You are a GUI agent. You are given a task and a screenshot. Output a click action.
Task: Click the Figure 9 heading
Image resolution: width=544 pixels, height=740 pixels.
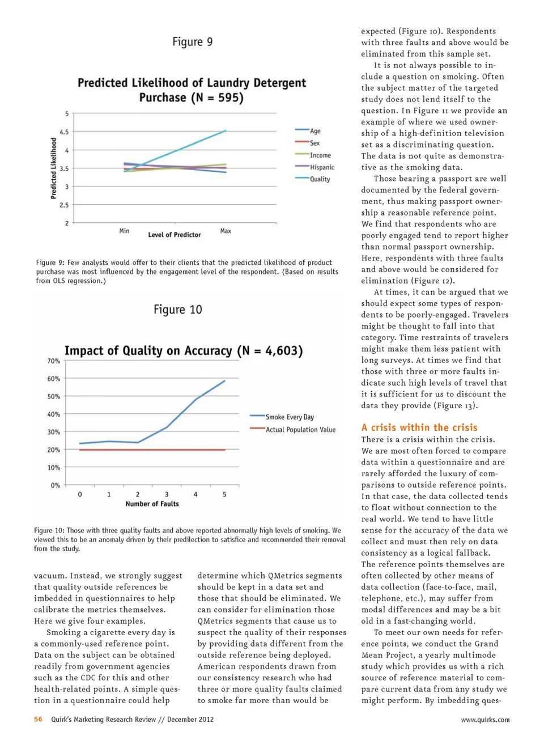193,42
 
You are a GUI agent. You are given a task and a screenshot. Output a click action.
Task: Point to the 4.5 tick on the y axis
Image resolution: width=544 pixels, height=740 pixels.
64,132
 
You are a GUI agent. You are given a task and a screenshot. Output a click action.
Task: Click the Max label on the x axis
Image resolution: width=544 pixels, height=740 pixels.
226,231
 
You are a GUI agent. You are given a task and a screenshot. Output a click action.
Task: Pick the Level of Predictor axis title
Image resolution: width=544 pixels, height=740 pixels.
175,235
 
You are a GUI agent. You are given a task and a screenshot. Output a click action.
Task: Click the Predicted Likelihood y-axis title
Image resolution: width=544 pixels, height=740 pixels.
54,168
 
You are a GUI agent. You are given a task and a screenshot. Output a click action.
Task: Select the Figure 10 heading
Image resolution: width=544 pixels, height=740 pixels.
177,310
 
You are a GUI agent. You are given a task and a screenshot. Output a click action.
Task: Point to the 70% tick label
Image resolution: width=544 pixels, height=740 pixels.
54,361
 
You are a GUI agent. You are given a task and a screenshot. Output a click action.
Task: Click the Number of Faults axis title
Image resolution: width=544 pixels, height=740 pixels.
152,504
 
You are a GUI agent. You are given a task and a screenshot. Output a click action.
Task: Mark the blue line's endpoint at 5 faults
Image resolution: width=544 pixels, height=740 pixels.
225,381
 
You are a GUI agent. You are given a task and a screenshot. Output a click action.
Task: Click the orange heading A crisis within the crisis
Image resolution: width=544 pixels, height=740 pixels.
419,428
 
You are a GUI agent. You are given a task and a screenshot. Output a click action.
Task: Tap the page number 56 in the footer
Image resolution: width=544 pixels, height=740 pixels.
38,719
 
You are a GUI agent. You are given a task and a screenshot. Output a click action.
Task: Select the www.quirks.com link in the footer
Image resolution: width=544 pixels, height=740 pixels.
485,720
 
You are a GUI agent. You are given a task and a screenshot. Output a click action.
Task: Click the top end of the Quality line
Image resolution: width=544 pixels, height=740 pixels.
226,131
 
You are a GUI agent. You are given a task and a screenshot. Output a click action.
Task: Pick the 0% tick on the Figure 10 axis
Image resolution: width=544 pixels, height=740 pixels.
55,485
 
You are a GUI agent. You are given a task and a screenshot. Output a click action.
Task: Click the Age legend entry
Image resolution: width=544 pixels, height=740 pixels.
315,131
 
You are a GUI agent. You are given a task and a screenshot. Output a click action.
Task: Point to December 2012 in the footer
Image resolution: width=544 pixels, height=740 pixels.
190,719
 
